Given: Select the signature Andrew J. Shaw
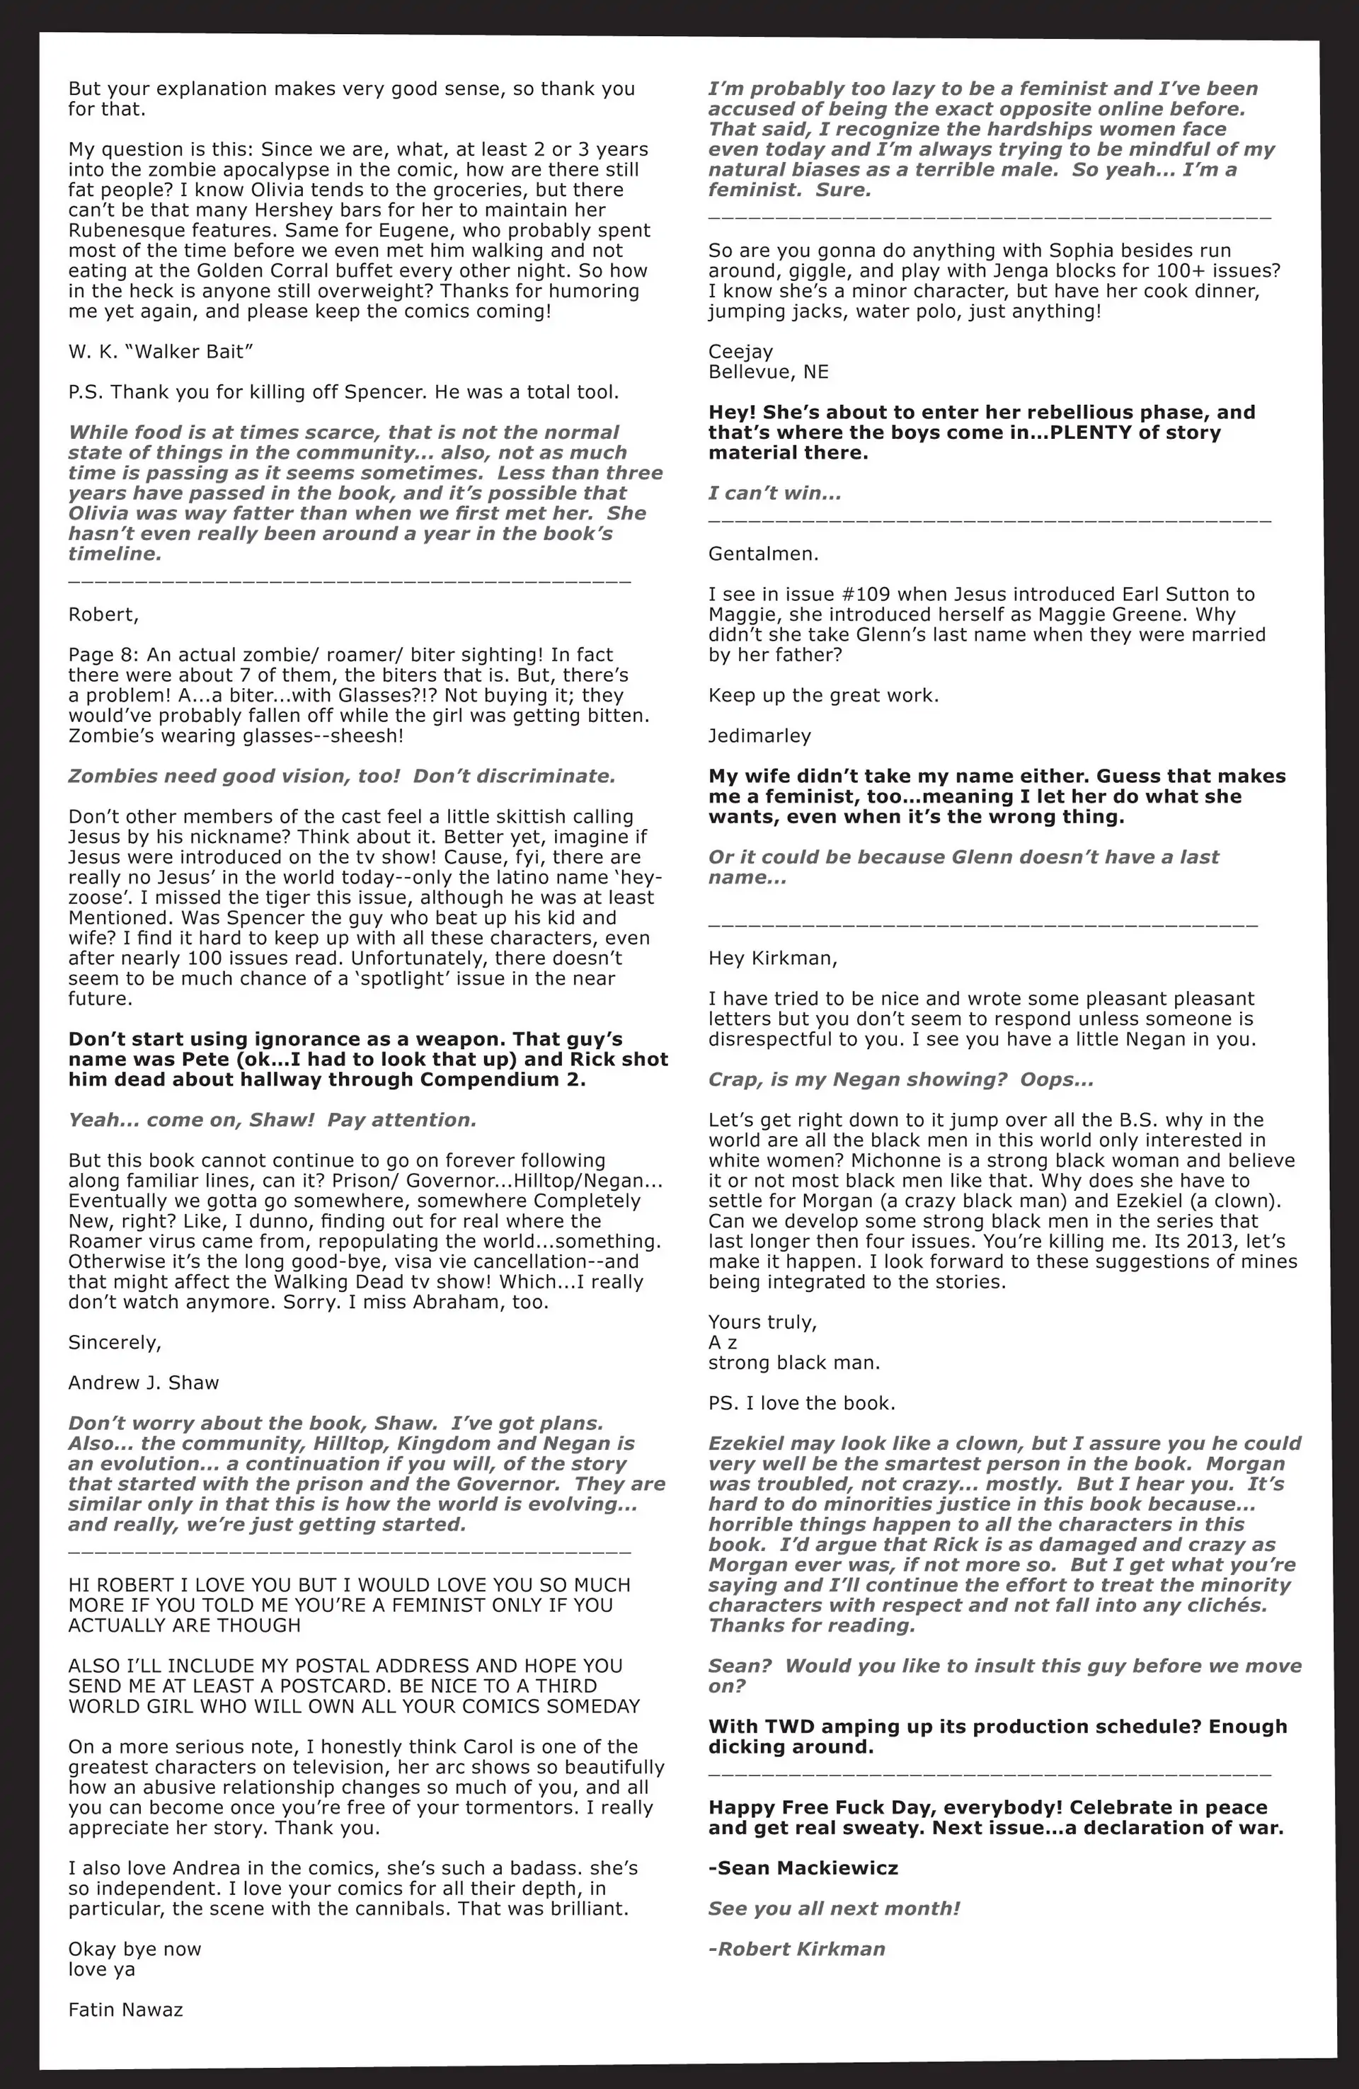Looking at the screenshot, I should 143,1383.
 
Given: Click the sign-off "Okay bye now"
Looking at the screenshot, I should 134,1949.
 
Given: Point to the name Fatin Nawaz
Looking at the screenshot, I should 125,2009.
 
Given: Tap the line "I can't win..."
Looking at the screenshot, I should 774,493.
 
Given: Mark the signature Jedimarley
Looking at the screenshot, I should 759,736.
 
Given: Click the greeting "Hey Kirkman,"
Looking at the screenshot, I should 772,958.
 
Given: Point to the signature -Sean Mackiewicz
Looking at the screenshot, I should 803,1868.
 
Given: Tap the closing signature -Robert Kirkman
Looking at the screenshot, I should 796,1949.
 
